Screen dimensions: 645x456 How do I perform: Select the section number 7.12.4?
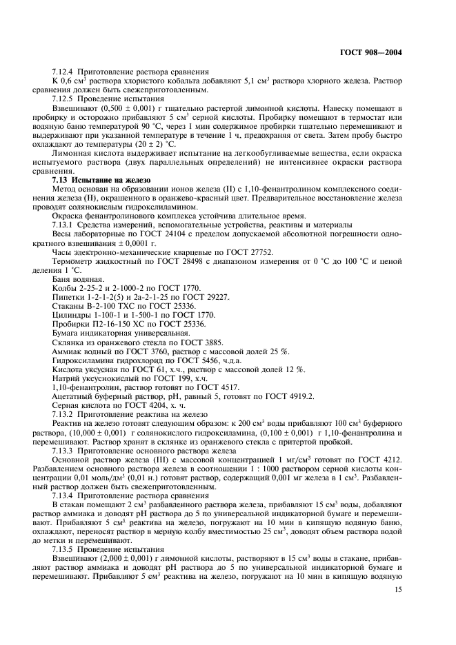[64, 72]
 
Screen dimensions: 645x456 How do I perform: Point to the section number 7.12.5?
[64, 99]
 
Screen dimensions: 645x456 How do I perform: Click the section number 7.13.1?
[64, 225]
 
